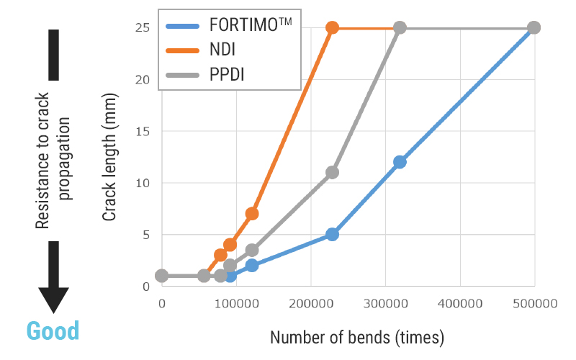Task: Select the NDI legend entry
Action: click(x=221, y=50)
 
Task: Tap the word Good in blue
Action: click(x=53, y=331)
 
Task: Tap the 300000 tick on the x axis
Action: click(x=385, y=305)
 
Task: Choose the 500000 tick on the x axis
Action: click(x=535, y=305)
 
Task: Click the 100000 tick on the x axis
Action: click(x=236, y=305)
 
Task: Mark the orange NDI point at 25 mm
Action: click(x=332, y=28)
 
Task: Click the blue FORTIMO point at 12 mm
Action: click(x=400, y=162)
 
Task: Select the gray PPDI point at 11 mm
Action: click(x=332, y=173)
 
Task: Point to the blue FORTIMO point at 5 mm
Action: click(x=332, y=234)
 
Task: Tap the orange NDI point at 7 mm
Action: click(x=252, y=214)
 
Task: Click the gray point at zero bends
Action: click(x=162, y=276)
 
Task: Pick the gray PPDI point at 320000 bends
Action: click(x=400, y=28)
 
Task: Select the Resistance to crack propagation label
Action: click(x=53, y=161)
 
